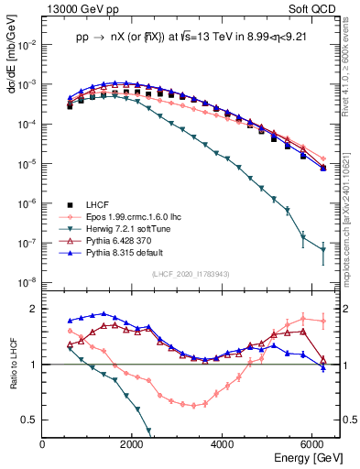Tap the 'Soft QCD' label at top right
click(316, 7)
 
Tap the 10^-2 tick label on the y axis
click(27, 44)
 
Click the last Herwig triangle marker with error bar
click(322, 250)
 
